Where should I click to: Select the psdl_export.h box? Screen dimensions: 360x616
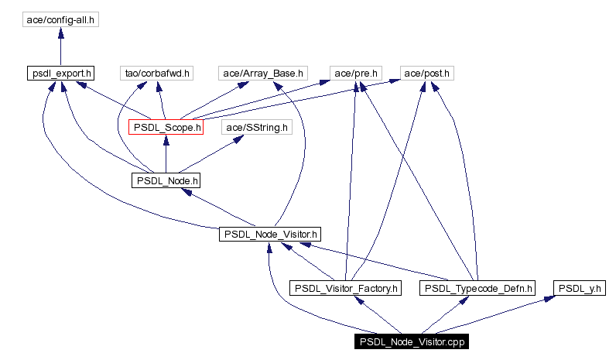[x=60, y=74]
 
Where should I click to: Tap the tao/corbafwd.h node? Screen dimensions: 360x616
[x=157, y=74]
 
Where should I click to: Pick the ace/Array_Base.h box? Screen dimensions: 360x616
[x=263, y=74]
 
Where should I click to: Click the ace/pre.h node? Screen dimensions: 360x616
[x=355, y=74]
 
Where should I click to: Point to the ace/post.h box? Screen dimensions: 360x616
[x=426, y=74]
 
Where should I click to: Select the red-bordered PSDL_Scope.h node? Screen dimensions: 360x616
[x=166, y=127]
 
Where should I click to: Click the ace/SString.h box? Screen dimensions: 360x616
[x=256, y=127]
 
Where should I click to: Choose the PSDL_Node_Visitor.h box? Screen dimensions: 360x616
[x=269, y=233]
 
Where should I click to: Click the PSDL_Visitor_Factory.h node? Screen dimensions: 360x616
[x=345, y=288]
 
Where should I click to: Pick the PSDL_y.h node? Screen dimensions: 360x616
[x=579, y=288]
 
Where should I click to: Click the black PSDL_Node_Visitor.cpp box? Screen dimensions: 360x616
[x=411, y=341]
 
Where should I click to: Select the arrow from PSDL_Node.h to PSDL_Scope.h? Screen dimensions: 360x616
[x=166, y=154]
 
